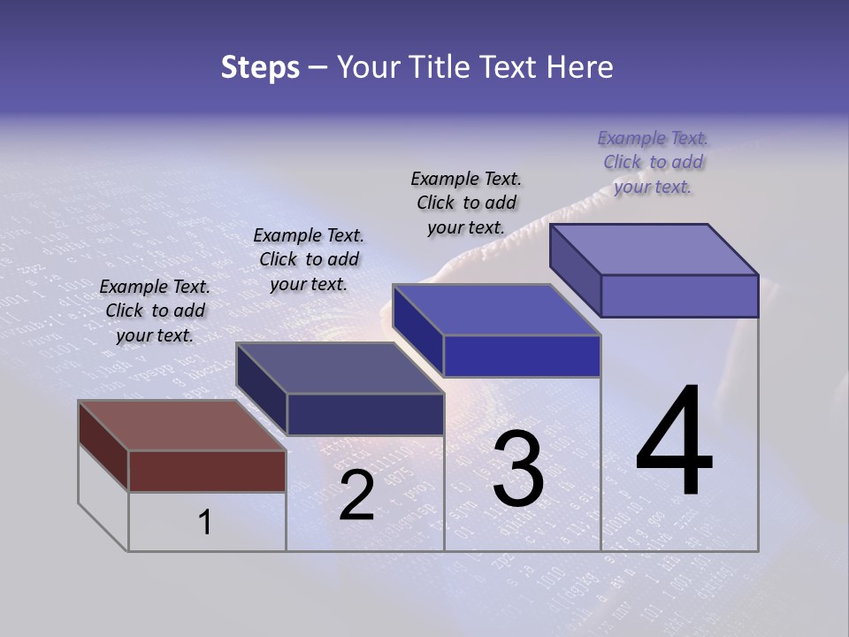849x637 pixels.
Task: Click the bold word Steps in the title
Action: [x=260, y=67]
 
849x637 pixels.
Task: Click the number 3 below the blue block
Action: [x=518, y=469]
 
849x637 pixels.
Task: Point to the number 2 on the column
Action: [x=356, y=495]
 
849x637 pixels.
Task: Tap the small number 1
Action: [x=204, y=523]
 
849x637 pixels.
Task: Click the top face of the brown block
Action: [x=181, y=425]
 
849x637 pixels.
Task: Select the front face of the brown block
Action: [x=207, y=471]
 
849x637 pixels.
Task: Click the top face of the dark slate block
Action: [x=339, y=367]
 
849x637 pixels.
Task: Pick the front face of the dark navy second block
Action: [x=364, y=414]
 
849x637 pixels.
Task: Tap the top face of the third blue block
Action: [x=495, y=310]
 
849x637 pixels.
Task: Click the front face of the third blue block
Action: [x=522, y=356]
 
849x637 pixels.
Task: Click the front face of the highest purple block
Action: [x=679, y=295]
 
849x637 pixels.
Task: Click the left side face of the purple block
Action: [x=575, y=270]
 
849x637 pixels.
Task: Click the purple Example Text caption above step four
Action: [x=653, y=162]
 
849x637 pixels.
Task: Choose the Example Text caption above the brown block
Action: [x=155, y=311]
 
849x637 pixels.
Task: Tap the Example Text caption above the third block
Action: [x=466, y=203]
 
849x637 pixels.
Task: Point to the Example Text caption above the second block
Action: [x=309, y=259]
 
